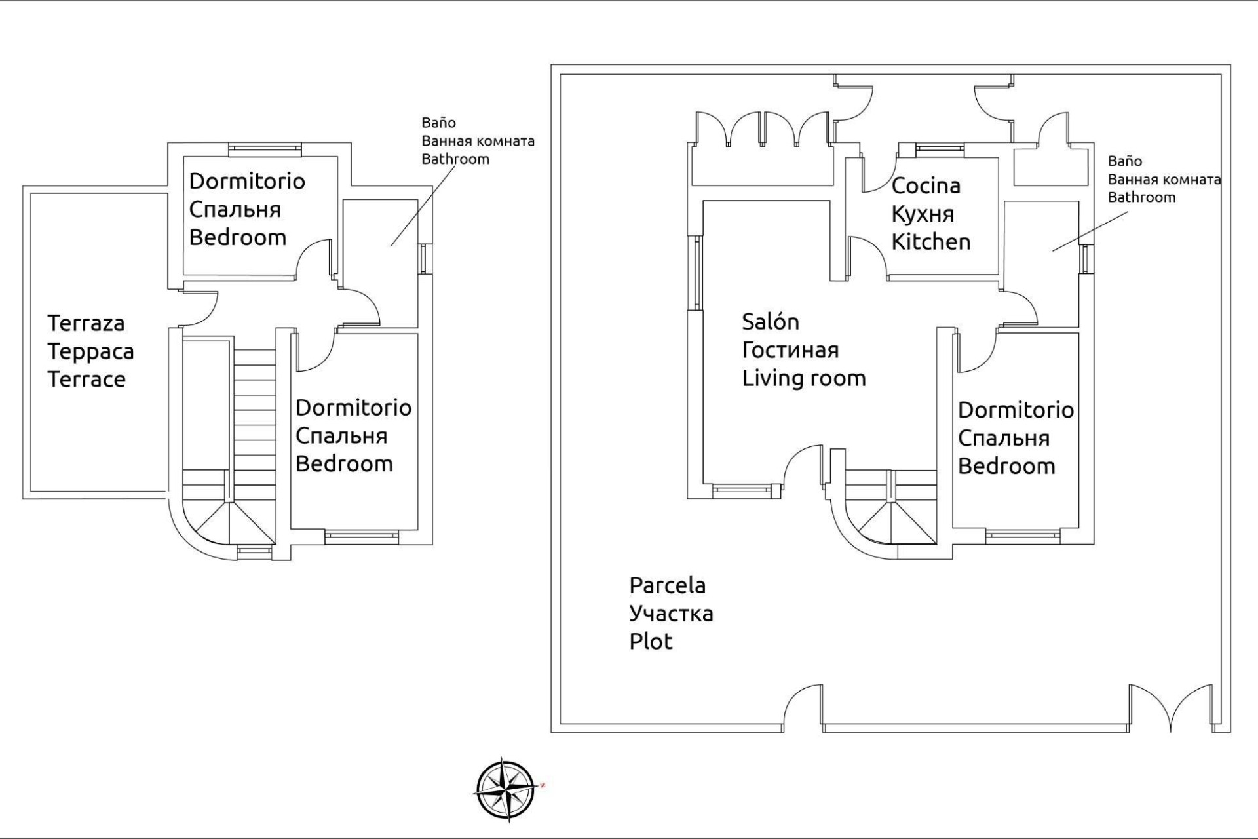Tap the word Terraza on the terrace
[x=86, y=323]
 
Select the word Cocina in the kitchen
[x=925, y=186]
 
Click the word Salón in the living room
[x=770, y=322]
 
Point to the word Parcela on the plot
[x=667, y=585]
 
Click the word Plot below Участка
[x=651, y=642]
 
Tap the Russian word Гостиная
[x=790, y=350]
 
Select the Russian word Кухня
[x=923, y=214]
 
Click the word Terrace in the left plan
[x=86, y=380]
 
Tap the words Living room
[x=803, y=378]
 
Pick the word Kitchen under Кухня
[x=930, y=243]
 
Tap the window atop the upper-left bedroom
[x=265, y=149]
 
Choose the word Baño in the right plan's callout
[x=1124, y=161]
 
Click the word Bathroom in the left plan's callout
[x=455, y=159]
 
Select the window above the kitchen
[x=940, y=149]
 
